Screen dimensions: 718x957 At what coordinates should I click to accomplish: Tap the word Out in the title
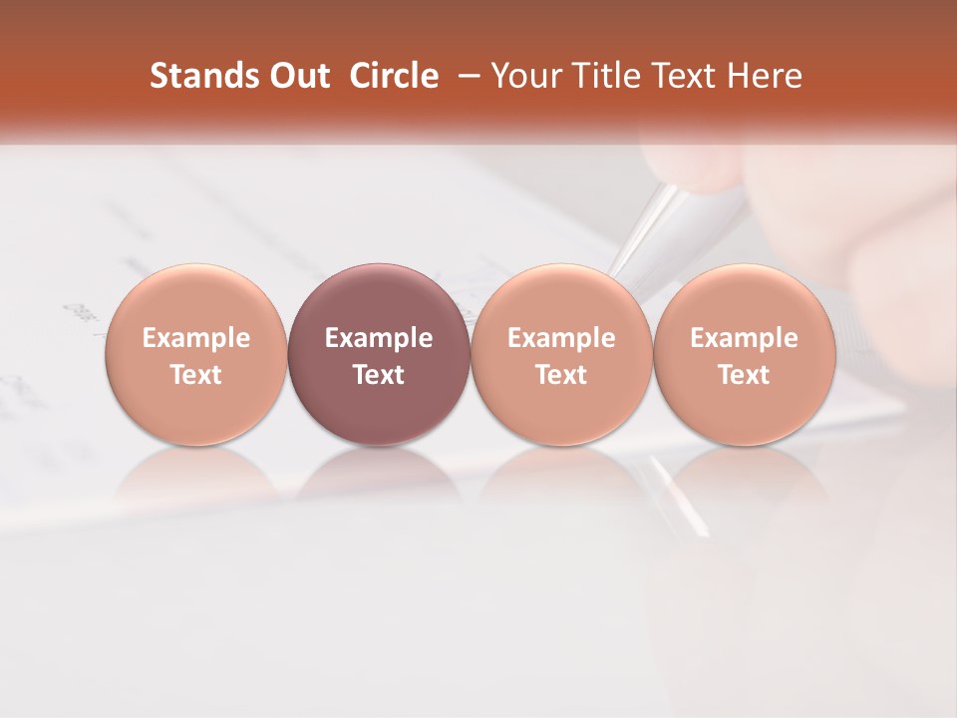pos(296,76)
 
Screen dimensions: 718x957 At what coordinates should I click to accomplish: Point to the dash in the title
pos(467,77)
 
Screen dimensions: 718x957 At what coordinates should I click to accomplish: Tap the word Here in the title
pos(766,76)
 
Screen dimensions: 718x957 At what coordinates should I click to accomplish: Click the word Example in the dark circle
pos(379,338)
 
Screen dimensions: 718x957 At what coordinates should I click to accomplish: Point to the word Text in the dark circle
pos(379,375)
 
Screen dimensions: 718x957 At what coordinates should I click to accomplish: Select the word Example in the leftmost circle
pos(195,338)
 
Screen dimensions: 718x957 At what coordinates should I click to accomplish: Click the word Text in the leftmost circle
pos(195,375)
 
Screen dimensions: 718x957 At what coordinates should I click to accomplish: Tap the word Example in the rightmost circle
pos(744,338)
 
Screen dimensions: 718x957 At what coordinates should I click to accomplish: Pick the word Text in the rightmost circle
pos(744,375)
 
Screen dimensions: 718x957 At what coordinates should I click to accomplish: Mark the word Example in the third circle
pos(561,338)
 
